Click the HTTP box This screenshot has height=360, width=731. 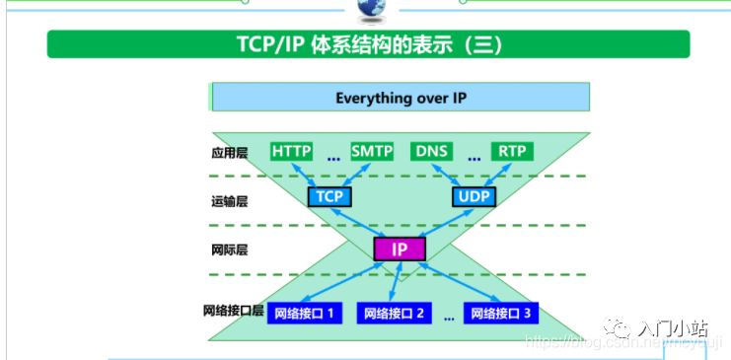coord(291,151)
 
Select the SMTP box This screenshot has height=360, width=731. coord(372,151)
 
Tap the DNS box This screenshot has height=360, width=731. coord(432,151)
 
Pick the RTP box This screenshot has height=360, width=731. coord(511,151)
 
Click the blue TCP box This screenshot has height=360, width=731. coord(329,196)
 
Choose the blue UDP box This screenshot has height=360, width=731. coord(475,196)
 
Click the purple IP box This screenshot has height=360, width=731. coord(400,250)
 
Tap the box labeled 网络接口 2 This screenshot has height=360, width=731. coord(394,315)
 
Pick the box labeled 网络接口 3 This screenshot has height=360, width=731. coord(501,315)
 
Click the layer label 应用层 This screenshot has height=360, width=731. coord(229,153)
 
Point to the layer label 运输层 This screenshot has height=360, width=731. coord(229,201)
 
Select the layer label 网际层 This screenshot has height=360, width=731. coord(229,250)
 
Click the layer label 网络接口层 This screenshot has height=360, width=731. coord(234,311)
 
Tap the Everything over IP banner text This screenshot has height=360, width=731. coord(400,98)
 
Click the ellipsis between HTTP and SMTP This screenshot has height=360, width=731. coord(332,157)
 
